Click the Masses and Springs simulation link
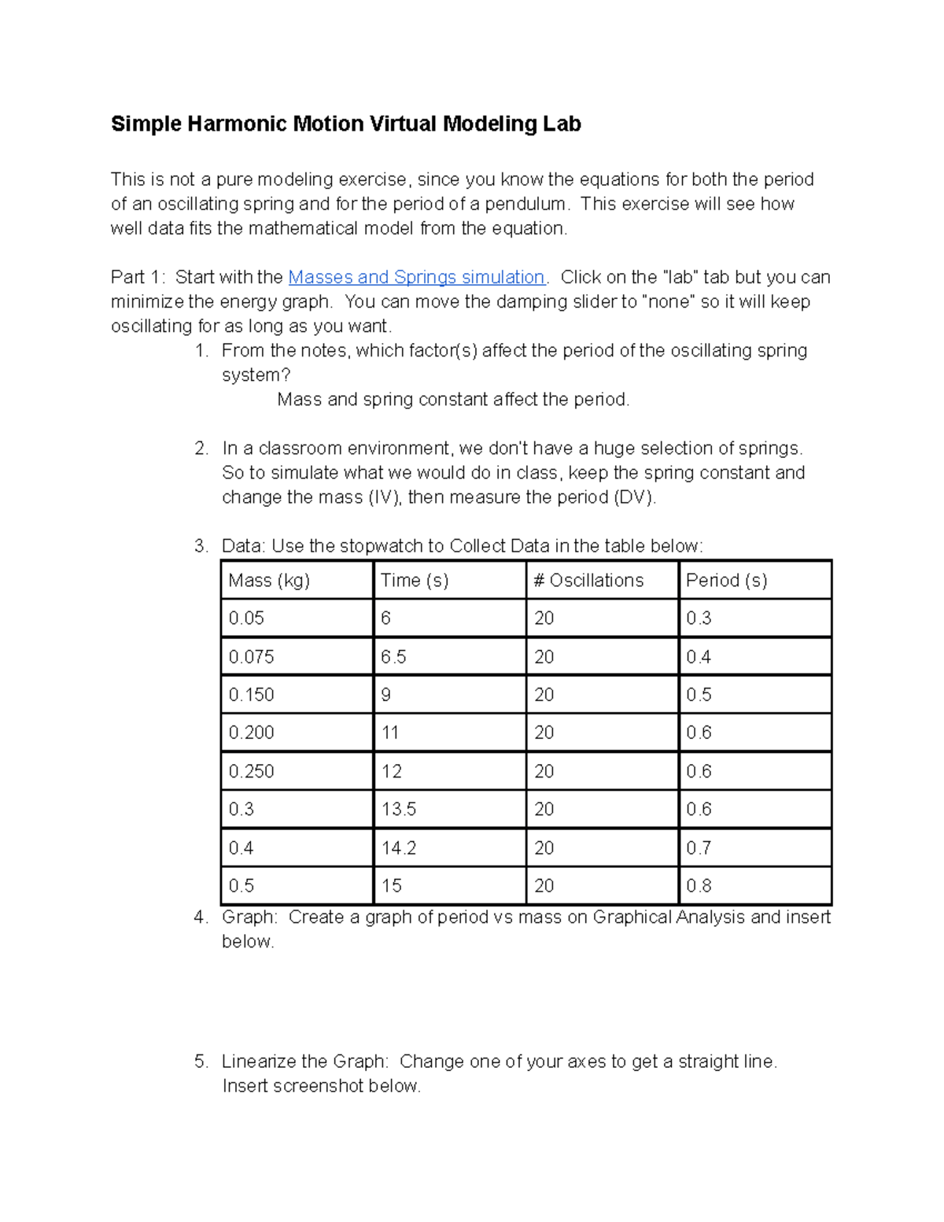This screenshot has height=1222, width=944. [416, 277]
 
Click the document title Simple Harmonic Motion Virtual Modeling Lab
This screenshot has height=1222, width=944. [345, 124]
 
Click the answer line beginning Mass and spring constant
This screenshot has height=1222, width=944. [453, 400]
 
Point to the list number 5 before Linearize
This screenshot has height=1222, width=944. [201, 1061]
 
